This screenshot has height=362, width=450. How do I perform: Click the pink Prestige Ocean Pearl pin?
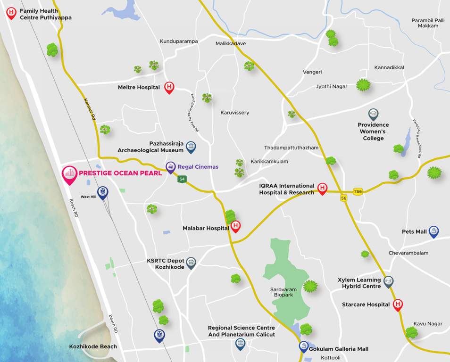[x=70, y=174]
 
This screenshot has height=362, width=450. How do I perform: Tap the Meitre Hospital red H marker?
[x=169, y=87]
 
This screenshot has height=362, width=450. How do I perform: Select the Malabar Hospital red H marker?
[x=236, y=227]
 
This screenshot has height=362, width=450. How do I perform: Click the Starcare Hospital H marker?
[x=398, y=304]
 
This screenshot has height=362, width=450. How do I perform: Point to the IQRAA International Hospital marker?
[x=322, y=189]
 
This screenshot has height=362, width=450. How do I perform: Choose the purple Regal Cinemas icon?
[x=171, y=167]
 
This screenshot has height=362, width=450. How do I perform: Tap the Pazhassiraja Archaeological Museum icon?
[x=191, y=147]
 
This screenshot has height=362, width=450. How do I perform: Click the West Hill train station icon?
[x=102, y=192]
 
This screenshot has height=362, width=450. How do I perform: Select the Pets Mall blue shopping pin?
[x=434, y=231]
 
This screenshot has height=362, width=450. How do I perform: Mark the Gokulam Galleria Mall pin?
[x=304, y=347]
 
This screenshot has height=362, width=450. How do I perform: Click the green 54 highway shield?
[x=182, y=179]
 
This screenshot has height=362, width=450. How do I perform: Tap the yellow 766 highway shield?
[x=358, y=191]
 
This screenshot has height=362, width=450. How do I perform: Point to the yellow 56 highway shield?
[x=344, y=198]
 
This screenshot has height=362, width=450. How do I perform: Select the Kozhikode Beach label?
[x=92, y=346]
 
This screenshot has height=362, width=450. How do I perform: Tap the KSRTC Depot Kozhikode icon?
[x=191, y=263]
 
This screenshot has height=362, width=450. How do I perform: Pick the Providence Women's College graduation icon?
[x=373, y=114]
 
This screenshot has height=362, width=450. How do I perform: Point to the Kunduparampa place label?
[x=179, y=41]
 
